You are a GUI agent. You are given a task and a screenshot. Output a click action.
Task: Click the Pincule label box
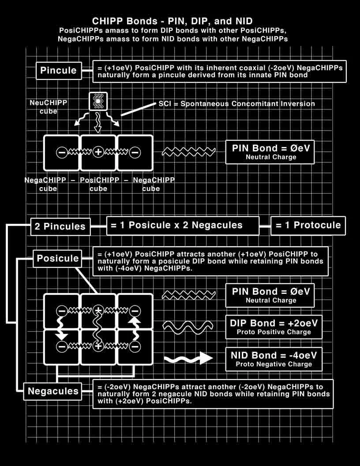tap(58, 71)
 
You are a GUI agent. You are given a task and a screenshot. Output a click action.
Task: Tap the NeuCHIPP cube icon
tap(98, 102)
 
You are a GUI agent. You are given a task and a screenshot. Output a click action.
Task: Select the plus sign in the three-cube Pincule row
tap(98, 152)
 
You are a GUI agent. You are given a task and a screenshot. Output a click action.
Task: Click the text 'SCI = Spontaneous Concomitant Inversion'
tap(236, 104)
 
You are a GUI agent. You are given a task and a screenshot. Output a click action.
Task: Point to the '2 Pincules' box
tap(60, 226)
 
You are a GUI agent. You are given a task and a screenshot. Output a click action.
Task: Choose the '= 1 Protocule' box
tap(308, 225)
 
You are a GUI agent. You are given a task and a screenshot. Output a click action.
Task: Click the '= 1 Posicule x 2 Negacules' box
tap(183, 225)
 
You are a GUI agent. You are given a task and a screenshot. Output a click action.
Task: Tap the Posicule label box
tap(58, 258)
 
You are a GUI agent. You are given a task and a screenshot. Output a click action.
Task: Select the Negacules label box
tap(53, 391)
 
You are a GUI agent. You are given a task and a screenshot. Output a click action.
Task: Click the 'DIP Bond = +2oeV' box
tap(274, 327)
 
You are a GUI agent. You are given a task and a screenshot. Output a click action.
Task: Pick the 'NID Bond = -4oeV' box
tap(274, 359)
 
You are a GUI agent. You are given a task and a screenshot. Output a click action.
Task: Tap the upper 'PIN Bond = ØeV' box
tap(270, 152)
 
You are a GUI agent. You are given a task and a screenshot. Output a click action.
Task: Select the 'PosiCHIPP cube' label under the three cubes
tap(98, 184)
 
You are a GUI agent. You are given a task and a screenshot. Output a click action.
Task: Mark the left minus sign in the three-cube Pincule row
tap(62, 152)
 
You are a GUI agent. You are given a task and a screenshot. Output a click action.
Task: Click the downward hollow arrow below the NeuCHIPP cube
tap(98, 122)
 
